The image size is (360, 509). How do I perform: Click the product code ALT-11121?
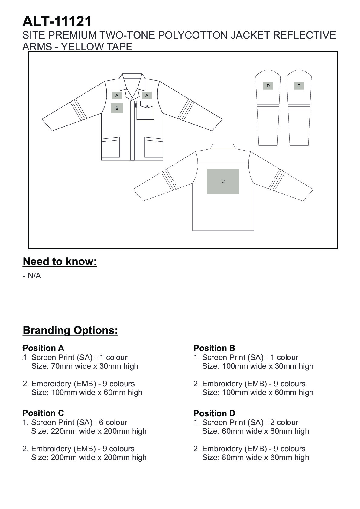(x=57, y=22)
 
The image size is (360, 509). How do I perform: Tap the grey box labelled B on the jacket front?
(x=117, y=108)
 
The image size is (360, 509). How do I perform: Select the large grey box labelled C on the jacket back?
(x=223, y=181)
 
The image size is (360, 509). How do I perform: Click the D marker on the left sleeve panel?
(x=268, y=86)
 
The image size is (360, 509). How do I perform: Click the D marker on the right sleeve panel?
(x=299, y=86)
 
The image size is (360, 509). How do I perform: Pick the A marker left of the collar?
(x=117, y=96)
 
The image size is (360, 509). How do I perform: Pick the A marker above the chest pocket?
(x=147, y=96)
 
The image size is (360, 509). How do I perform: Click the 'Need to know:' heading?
(x=60, y=261)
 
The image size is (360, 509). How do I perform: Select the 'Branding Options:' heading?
(x=70, y=330)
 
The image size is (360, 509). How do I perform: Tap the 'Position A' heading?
(x=44, y=348)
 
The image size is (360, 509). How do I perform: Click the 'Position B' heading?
(x=214, y=348)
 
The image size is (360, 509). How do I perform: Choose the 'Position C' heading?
(x=43, y=413)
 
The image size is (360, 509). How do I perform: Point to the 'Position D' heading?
(x=214, y=413)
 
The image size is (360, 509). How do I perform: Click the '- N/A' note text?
(x=32, y=276)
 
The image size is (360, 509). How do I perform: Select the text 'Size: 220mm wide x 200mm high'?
(x=89, y=431)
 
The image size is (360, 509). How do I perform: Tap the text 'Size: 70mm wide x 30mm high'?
(x=85, y=366)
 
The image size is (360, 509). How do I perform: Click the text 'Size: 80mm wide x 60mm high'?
(x=256, y=457)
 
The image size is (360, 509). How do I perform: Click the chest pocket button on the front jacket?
(x=147, y=106)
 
